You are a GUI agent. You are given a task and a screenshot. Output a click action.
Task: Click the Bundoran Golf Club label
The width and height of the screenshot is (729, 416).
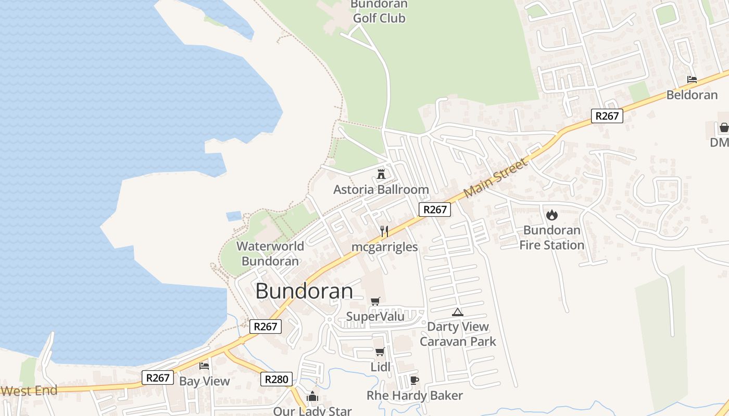379,11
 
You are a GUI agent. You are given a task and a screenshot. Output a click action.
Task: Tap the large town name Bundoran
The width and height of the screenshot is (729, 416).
304,291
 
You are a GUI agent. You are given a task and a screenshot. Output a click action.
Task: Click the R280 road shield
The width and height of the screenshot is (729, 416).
276,379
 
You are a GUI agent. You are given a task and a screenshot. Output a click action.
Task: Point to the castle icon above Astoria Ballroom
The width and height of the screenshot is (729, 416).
381,174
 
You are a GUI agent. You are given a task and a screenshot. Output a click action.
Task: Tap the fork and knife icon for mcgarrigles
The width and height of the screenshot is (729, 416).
384,231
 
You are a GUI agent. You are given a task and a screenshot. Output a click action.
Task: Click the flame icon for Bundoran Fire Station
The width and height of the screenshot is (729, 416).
551,215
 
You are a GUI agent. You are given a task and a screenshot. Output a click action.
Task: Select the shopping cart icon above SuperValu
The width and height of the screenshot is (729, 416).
375,302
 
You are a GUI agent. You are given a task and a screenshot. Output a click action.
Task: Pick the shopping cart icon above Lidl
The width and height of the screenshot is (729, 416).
380,352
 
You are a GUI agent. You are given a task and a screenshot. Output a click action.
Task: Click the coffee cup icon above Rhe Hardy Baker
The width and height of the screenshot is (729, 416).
414,380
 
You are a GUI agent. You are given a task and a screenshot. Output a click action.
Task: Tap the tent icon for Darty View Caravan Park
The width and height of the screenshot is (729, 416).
457,312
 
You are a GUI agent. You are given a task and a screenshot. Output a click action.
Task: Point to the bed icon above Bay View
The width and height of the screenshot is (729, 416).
204,366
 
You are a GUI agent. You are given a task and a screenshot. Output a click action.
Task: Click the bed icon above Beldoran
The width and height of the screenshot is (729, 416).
692,80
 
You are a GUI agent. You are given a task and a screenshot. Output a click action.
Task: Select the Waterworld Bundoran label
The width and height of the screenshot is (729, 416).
270,254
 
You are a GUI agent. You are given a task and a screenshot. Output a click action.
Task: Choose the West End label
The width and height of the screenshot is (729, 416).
29,391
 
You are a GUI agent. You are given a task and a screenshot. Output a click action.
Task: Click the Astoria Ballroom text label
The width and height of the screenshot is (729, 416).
381,189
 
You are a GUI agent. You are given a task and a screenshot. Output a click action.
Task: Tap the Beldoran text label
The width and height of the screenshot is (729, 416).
692,95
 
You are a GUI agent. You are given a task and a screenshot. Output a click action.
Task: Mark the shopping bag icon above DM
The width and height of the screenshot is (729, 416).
724,127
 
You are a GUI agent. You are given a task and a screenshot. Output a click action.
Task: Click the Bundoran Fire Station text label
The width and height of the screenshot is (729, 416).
551,237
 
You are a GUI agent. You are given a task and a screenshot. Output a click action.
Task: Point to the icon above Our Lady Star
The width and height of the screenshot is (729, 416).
312,397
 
